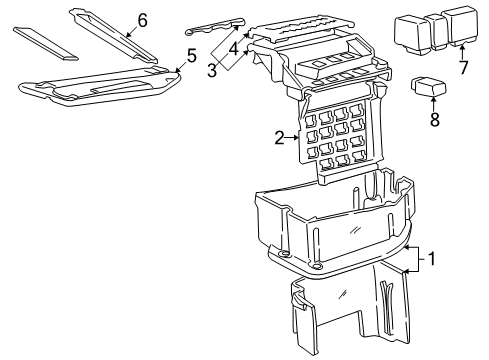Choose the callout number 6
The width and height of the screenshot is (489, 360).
[141, 19]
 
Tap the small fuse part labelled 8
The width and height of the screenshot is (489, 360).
[427, 87]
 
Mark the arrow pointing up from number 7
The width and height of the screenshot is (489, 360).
[462, 50]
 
